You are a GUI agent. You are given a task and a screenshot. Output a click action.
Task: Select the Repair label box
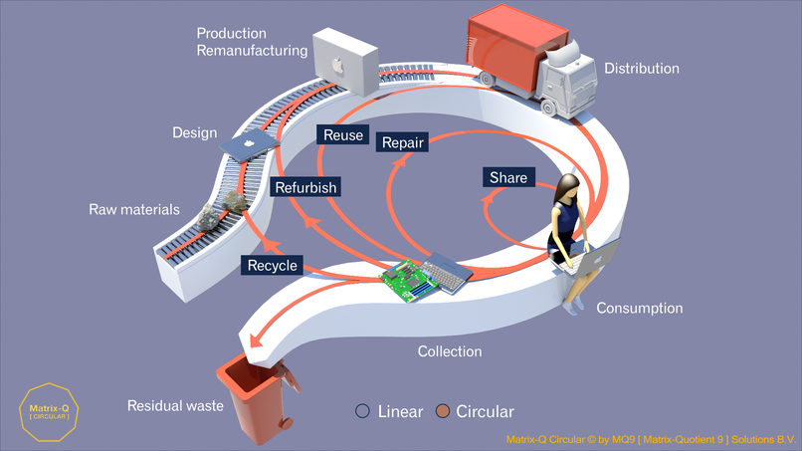click(x=403, y=143)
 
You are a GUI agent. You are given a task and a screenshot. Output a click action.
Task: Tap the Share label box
click(x=508, y=177)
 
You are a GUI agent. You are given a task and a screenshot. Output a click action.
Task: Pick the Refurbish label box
click(x=305, y=186)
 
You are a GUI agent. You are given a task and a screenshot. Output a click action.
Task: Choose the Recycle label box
click(x=273, y=266)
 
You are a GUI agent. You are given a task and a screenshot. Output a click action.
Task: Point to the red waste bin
click(x=257, y=402)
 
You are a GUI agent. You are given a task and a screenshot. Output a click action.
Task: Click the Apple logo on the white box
click(x=336, y=68)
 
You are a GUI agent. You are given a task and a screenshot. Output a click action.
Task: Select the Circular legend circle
click(x=443, y=411)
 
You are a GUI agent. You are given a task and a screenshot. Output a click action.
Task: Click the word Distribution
click(x=642, y=69)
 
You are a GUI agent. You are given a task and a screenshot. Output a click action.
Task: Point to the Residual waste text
click(x=170, y=405)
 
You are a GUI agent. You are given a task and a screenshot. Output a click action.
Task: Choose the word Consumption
click(x=639, y=309)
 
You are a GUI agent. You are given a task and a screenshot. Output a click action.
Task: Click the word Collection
click(x=449, y=351)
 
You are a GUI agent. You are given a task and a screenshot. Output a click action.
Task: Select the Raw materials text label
click(x=134, y=209)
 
